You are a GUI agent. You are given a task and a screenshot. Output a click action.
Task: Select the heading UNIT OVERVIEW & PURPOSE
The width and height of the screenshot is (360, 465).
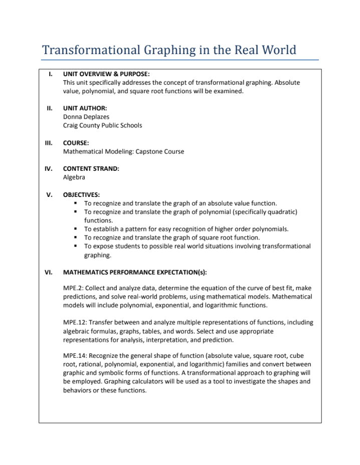point(106,74)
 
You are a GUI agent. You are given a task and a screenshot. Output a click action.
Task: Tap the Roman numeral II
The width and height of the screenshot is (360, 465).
point(50,108)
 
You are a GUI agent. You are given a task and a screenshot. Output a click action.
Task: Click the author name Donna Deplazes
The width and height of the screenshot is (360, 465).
point(86,117)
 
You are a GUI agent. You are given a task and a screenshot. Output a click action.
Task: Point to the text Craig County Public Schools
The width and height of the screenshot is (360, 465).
point(102,125)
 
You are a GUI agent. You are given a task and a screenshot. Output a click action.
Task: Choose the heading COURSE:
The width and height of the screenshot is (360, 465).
point(76,143)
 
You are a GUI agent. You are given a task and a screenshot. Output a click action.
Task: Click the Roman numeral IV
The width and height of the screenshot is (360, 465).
point(49,168)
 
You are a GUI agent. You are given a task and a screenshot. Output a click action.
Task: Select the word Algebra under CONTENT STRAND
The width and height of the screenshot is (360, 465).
point(74,177)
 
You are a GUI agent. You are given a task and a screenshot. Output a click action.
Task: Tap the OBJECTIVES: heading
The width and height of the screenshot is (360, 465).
point(81,194)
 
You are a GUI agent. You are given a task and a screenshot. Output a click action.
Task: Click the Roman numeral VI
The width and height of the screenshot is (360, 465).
point(49,273)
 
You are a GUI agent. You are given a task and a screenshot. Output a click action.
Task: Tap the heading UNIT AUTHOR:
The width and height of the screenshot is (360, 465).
point(85,108)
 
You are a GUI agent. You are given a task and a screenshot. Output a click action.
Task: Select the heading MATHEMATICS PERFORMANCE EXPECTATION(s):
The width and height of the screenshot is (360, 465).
point(135,273)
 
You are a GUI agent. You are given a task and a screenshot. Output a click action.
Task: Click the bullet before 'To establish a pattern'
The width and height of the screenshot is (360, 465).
point(75,229)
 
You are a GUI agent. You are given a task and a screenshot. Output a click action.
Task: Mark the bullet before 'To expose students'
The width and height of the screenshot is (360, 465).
point(75,246)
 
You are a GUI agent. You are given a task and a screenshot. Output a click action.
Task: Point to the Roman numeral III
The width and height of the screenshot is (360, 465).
point(49,143)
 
